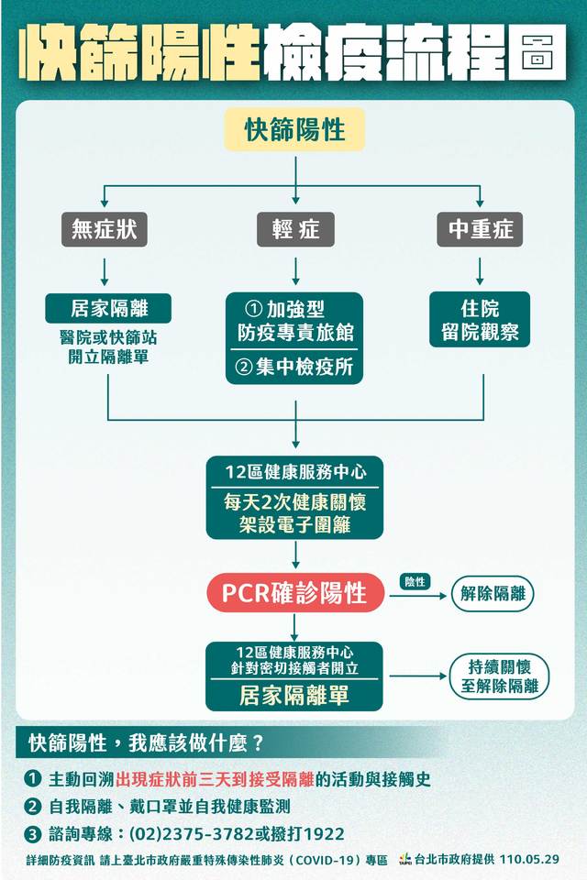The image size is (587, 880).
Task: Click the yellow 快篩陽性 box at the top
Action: pos(294,130)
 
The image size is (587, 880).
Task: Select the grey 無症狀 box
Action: pos(105,229)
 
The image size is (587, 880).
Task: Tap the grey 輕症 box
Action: pos(295,229)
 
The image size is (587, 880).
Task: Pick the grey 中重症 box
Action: pos(480,229)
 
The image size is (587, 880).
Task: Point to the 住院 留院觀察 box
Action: pos(479,319)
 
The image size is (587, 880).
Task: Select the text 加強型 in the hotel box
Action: pos(296,310)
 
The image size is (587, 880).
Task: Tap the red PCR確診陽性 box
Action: pos(295,593)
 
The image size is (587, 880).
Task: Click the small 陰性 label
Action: pos(415,581)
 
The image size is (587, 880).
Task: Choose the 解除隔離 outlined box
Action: pos(492,594)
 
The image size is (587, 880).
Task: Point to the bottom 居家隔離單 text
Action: pos(294,696)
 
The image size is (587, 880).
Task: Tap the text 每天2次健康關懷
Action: pos(294,501)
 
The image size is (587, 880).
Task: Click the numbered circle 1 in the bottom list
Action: pos(33,779)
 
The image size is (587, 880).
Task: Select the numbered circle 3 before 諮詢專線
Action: pos(33,834)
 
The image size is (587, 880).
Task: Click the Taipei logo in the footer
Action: pos(404,860)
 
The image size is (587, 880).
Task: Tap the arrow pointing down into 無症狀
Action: pos(105,202)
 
